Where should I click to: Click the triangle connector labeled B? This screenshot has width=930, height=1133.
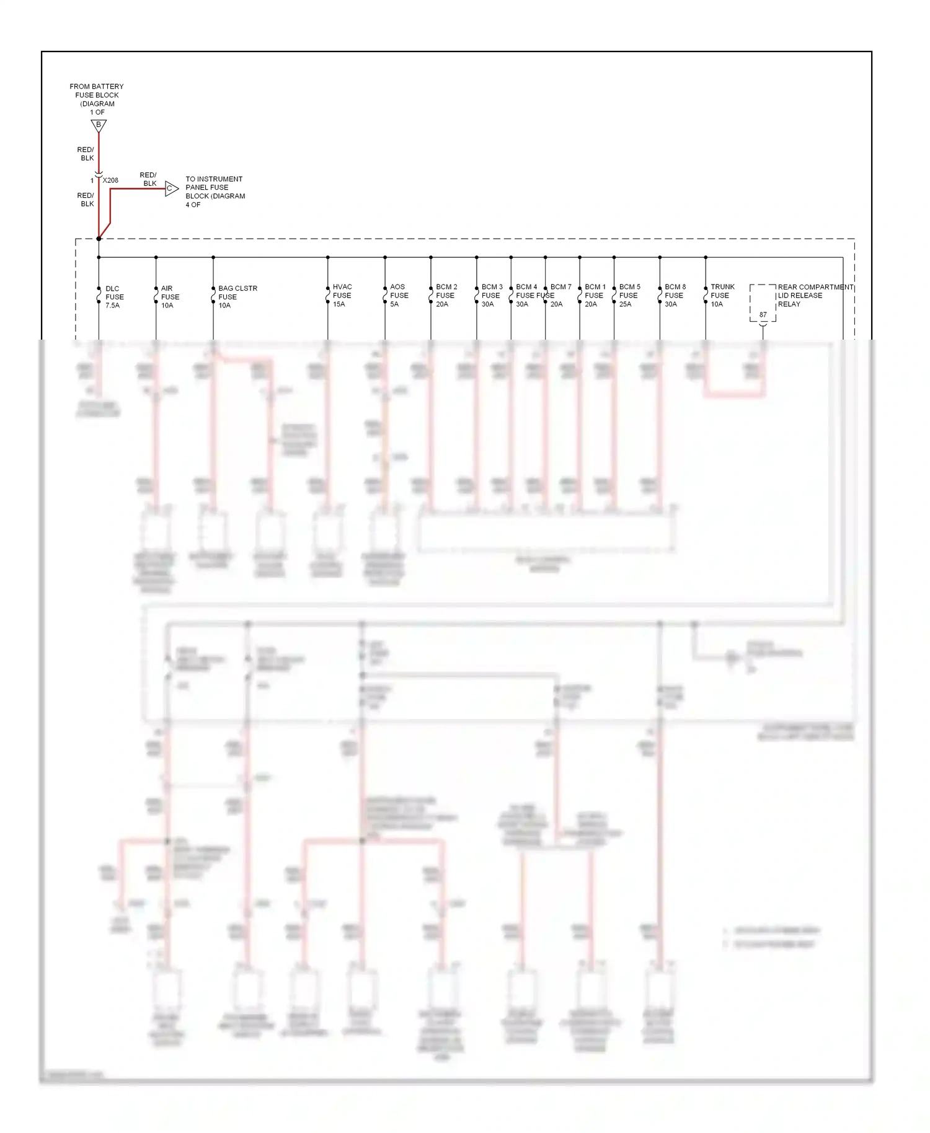pyautogui.click(x=99, y=126)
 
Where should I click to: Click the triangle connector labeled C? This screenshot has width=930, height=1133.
pyautogui.click(x=171, y=188)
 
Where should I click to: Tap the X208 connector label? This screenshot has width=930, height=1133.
pyautogui.click(x=110, y=180)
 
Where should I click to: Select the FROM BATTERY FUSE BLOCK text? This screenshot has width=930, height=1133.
pyautogui.click(x=97, y=99)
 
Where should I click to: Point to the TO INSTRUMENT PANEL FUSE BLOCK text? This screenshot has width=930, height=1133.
pyautogui.click(x=215, y=192)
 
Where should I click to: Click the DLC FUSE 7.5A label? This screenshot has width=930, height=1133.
pyautogui.click(x=114, y=297)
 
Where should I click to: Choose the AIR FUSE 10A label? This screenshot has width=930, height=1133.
pyautogui.click(x=170, y=297)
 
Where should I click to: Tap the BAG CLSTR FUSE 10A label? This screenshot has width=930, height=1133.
pyautogui.click(x=237, y=297)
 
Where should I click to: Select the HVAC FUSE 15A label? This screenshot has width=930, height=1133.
pyautogui.click(x=342, y=296)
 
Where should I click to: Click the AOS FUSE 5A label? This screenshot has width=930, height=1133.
pyautogui.click(x=399, y=296)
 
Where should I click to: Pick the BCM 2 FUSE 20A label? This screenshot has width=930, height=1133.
pyautogui.click(x=446, y=296)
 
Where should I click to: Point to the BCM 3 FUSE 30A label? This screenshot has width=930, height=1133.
pyautogui.click(x=492, y=296)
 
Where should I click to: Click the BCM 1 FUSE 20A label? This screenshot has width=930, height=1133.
pyautogui.click(x=595, y=296)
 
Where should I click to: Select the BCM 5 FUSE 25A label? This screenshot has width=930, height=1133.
pyautogui.click(x=629, y=296)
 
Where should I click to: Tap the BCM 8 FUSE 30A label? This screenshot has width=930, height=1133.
pyautogui.click(x=675, y=296)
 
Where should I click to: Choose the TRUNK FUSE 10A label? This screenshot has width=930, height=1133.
pyautogui.click(x=722, y=296)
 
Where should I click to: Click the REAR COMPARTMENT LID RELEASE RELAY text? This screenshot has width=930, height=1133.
pyautogui.click(x=815, y=296)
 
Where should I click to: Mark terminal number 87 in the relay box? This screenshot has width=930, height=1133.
pyautogui.click(x=763, y=315)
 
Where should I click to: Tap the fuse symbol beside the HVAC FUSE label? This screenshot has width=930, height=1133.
pyautogui.click(x=328, y=296)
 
